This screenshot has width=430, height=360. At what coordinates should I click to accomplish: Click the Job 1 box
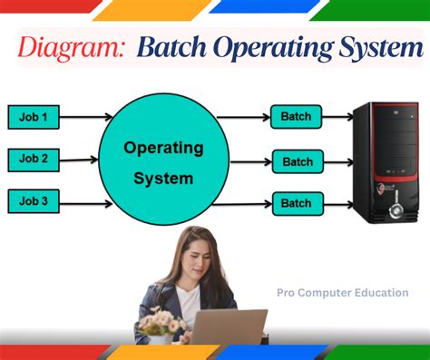click(x=34, y=116)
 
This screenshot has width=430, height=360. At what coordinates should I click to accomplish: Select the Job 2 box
click(x=34, y=159)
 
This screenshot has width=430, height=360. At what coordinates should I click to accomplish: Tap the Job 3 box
click(x=34, y=201)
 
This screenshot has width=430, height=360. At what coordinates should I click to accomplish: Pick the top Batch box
click(x=297, y=116)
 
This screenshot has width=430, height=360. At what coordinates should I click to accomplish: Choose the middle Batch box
click(x=298, y=161)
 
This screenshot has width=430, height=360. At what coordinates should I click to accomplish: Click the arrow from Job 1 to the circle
click(x=86, y=116)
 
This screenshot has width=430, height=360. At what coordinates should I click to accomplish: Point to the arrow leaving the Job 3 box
click(x=86, y=202)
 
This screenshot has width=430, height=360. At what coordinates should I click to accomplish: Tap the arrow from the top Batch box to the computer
click(x=337, y=116)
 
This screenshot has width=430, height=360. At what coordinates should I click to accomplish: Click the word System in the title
click(x=372, y=47)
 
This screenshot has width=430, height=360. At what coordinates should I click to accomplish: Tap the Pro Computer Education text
click(x=342, y=293)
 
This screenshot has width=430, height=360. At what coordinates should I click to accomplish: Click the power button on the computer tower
click(x=396, y=210)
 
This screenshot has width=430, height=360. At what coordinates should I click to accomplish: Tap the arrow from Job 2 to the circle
click(x=86, y=160)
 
